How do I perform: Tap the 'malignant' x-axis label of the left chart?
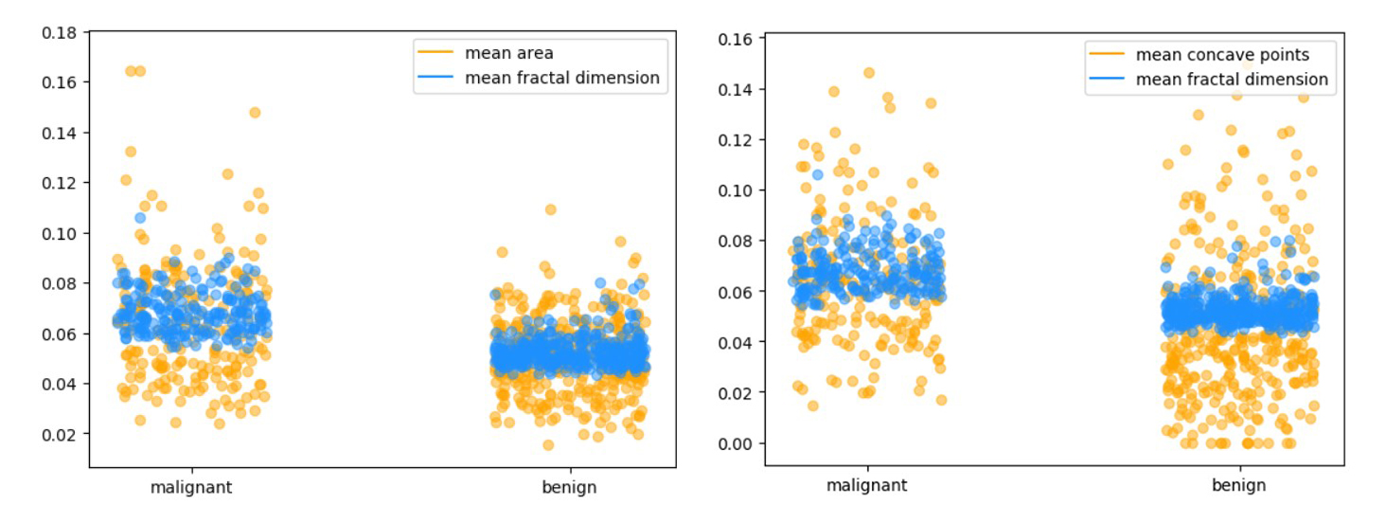(191, 488)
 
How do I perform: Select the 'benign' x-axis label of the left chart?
(569, 488)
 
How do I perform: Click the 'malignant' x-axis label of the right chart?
(866, 485)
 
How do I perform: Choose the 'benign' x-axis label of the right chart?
(1238, 485)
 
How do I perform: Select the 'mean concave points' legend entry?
(1222, 55)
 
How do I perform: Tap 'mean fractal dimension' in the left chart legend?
(561, 78)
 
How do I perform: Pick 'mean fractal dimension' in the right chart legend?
(1232, 80)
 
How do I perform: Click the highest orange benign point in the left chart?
(550, 209)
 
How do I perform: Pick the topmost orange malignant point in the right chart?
(869, 73)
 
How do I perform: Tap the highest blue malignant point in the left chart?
(140, 218)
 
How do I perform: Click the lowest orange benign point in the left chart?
(548, 444)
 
